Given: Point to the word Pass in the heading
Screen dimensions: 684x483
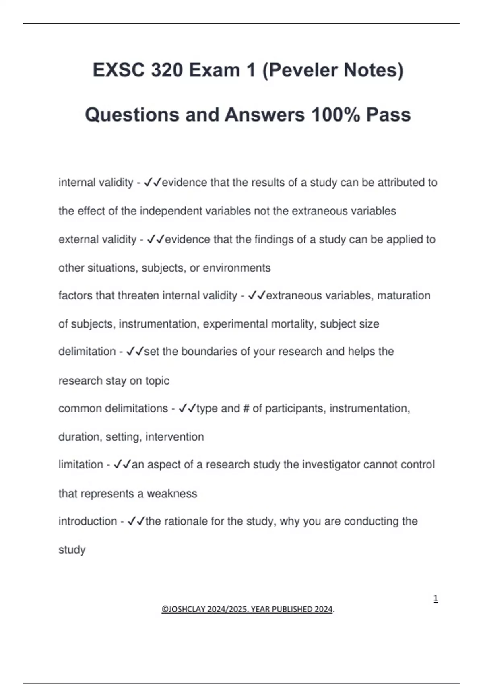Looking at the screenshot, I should point(388,115).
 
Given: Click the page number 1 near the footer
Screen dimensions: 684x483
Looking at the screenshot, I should point(436,599).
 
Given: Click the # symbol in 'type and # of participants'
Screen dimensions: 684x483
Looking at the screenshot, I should point(246,408).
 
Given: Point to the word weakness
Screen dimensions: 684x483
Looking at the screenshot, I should point(172,494).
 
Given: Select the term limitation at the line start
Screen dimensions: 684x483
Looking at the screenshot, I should point(80,465).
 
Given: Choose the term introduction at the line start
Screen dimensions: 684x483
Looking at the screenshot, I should point(87,521).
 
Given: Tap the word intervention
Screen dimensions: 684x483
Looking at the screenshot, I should point(175,437).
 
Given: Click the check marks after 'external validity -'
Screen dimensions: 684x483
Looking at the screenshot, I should point(155,240).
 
